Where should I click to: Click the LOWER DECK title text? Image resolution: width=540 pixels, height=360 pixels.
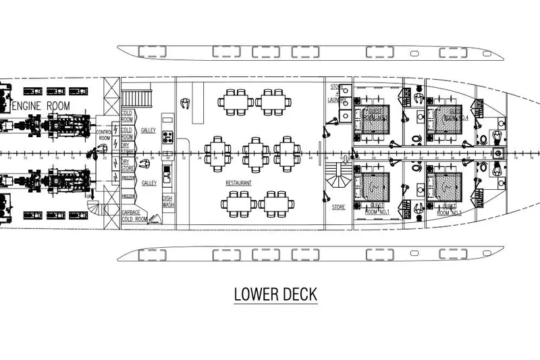(x=274, y=295)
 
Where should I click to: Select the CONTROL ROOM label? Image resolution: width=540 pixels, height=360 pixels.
(x=103, y=134)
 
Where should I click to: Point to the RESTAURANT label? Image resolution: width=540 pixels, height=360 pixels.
(x=239, y=183)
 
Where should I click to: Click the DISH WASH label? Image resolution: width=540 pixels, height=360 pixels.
(x=167, y=201)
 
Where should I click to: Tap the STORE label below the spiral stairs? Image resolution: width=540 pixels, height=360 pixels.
(x=338, y=207)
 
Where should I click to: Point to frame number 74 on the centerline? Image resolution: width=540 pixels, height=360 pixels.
(x=514, y=158)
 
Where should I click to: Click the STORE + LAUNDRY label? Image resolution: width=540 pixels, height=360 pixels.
(x=338, y=93)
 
